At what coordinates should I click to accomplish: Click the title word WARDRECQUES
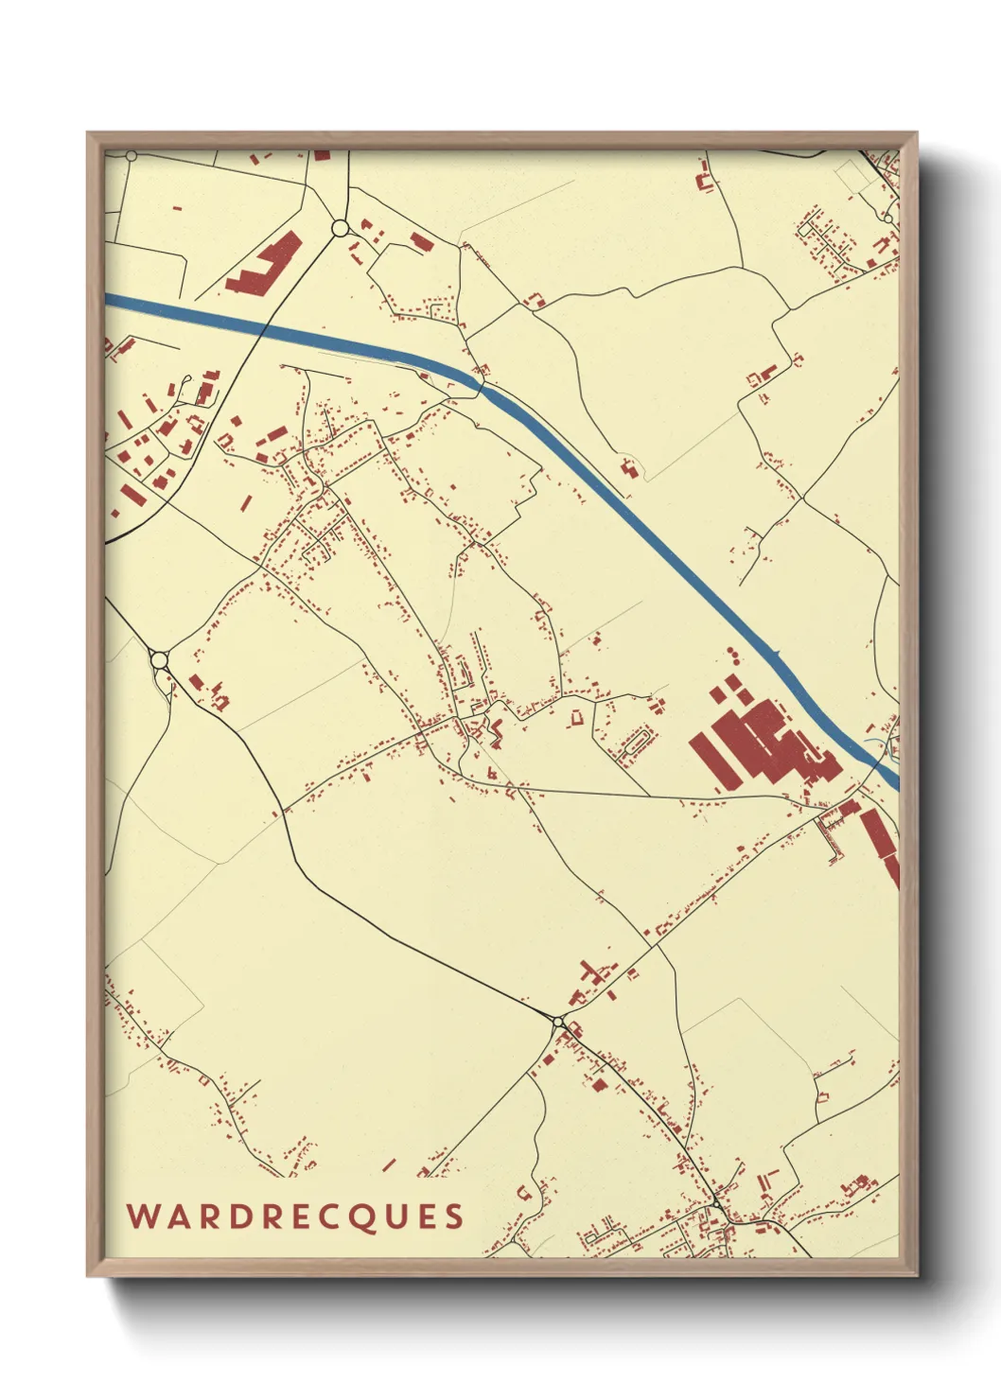tap(295, 1216)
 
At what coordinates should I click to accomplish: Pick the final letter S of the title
tap(455, 1216)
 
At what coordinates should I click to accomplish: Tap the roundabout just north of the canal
tap(340, 227)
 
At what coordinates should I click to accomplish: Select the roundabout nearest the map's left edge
tap(159, 659)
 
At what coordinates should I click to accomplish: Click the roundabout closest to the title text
tap(559, 1022)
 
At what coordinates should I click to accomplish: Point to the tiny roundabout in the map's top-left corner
tap(132, 155)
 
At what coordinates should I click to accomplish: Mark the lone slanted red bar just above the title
tap(388, 1164)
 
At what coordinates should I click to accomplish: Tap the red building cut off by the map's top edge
tap(323, 154)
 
